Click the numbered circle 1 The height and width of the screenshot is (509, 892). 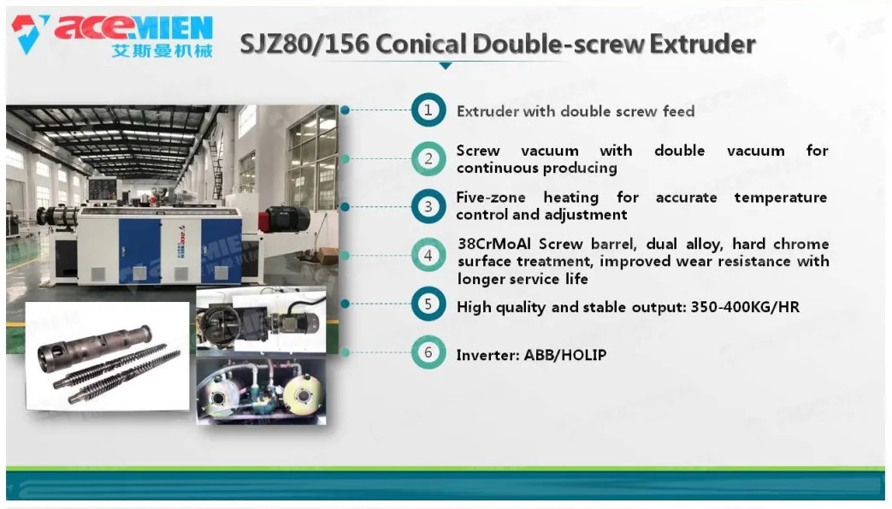428,109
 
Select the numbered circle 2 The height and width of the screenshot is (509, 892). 428,159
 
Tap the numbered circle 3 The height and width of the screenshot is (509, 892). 428,207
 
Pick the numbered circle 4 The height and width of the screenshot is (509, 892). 428,256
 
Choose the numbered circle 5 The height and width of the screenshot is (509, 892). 428,304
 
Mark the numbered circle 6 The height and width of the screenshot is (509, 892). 428,352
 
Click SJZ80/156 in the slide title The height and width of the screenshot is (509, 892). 304,44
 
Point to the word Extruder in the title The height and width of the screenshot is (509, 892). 702,44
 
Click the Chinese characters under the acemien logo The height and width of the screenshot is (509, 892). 162,50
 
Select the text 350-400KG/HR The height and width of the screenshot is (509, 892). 745,307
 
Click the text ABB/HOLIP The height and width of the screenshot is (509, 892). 565,355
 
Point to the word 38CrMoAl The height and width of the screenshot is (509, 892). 494,244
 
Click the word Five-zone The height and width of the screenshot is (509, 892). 490,197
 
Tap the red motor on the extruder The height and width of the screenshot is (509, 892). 284,218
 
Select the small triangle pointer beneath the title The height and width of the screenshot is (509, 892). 446,66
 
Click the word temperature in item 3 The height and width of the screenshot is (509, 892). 781,198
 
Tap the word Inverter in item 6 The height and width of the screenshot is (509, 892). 487,355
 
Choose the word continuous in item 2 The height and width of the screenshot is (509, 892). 496,168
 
